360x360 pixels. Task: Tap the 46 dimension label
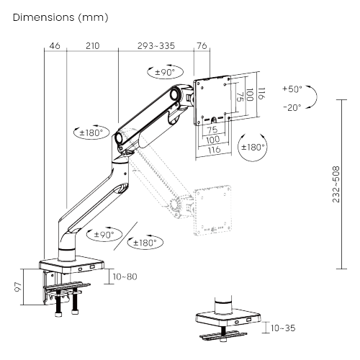[x=55, y=47]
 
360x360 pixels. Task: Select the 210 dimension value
[x=91, y=47]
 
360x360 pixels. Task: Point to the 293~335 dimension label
[x=157, y=47]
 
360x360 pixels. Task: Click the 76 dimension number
[x=201, y=47]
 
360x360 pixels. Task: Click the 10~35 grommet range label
[x=282, y=328]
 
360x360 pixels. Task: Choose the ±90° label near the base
[x=102, y=234]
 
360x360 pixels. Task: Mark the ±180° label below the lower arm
[x=145, y=243]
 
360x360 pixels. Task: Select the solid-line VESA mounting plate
[x=213, y=99]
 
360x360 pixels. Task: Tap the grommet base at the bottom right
[x=225, y=319]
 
